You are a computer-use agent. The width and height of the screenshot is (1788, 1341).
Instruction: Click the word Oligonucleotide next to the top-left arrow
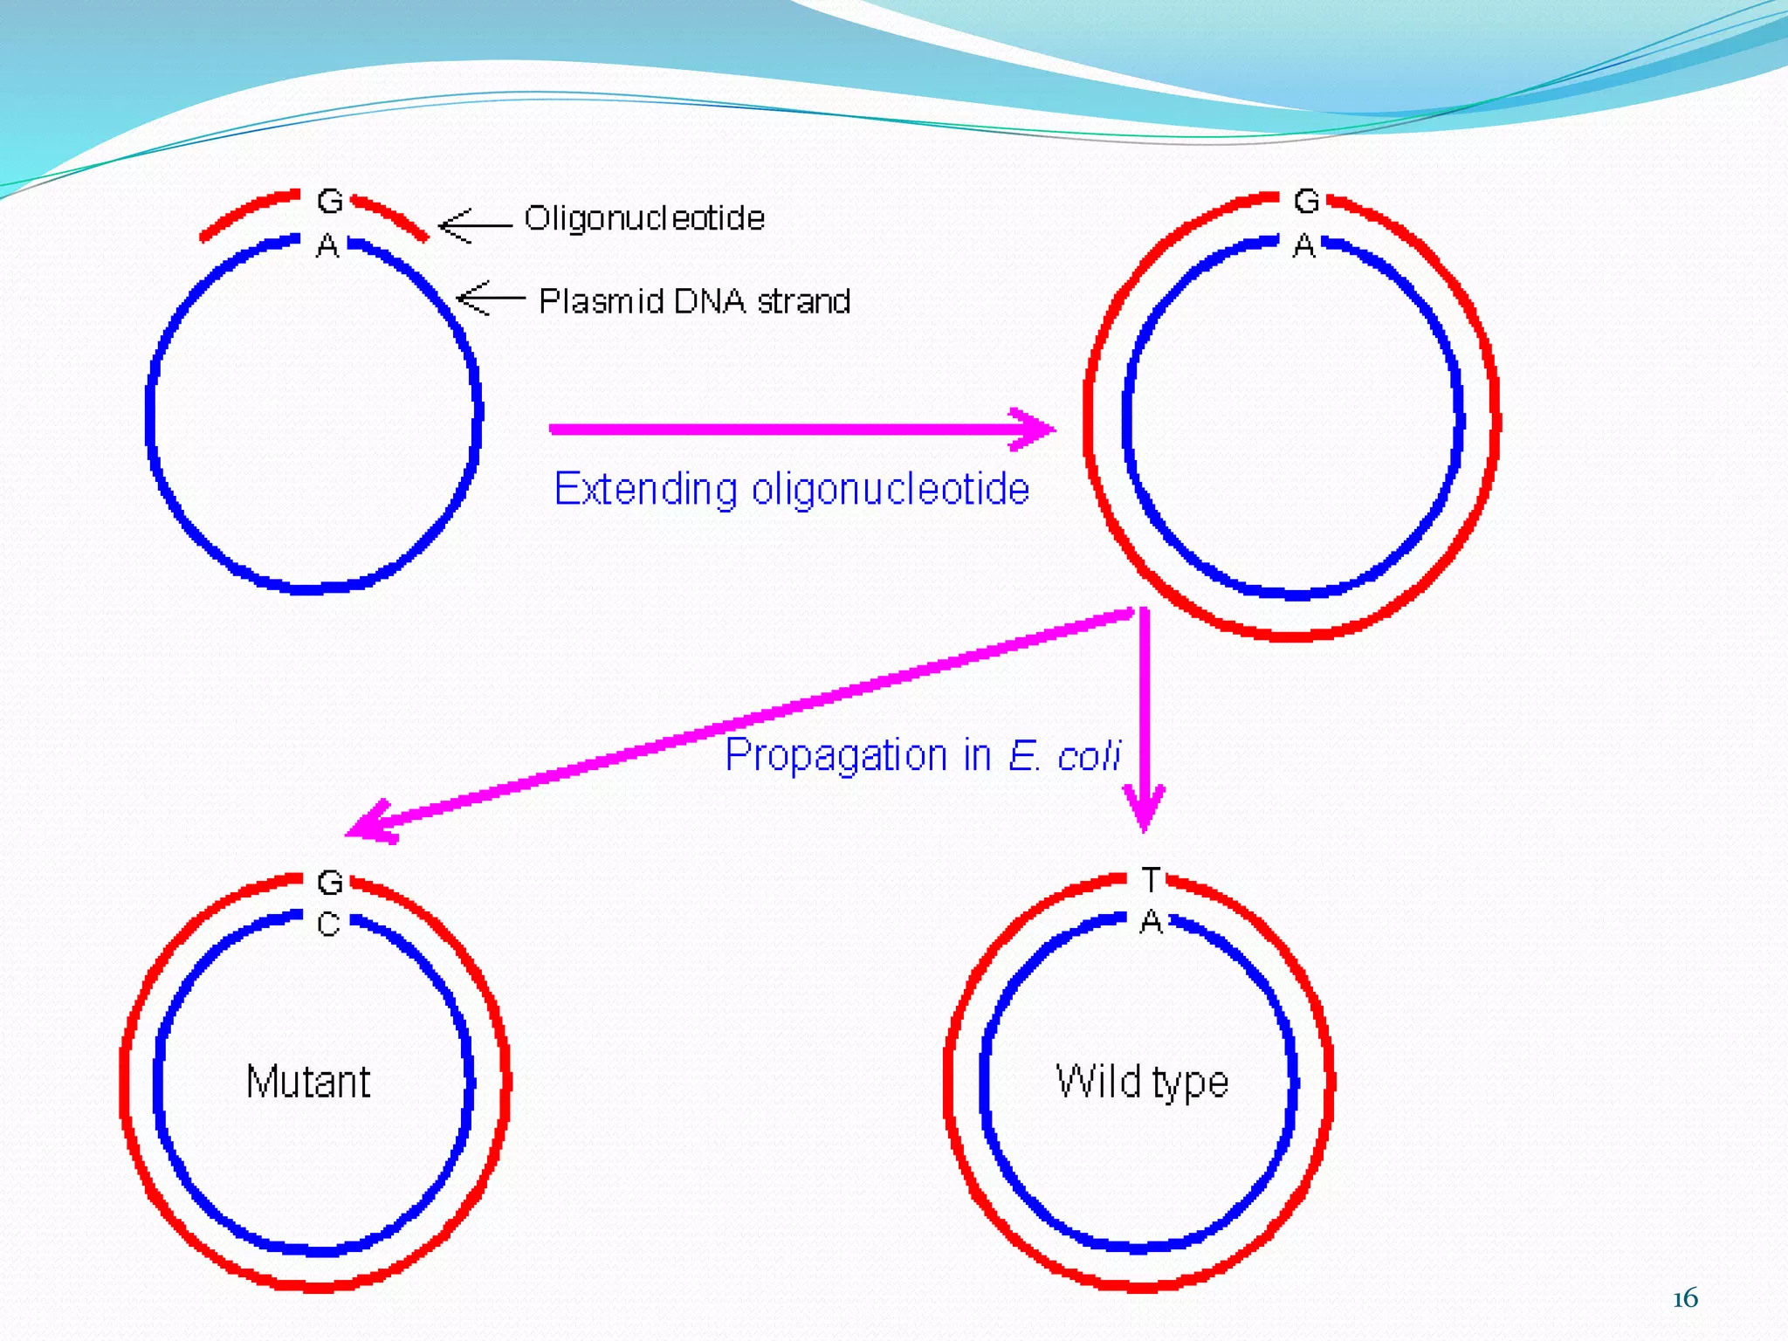[x=644, y=218]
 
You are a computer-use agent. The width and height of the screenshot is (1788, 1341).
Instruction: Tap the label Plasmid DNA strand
[x=695, y=301]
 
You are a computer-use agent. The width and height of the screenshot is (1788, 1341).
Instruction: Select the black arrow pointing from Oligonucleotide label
[x=474, y=226]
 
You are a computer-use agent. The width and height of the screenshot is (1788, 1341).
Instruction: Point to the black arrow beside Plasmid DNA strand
[x=491, y=299]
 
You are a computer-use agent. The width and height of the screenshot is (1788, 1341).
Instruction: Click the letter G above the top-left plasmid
[x=330, y=202]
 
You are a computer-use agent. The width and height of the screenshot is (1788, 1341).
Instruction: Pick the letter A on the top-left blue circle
[x=327, y=246]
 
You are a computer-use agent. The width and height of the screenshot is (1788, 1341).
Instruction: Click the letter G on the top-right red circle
[x=1306, y=202]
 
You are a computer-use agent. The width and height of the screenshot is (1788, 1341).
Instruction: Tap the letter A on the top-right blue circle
[x=1303, y=246]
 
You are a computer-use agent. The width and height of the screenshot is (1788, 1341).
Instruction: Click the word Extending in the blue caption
[x=645, y=489]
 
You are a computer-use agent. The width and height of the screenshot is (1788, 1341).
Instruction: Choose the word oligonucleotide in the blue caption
[x=891, y=489]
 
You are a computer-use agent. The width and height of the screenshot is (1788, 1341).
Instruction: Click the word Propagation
[x=836, y=755]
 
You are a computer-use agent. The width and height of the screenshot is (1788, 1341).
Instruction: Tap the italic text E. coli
[x=1064, y=756]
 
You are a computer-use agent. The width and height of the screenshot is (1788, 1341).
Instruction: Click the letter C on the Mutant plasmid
[x=328, y=924]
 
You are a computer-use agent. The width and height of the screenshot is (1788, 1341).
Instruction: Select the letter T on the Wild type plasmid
[x=1151, y=880]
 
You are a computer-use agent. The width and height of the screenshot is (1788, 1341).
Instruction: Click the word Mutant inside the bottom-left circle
[x=308, y=1082]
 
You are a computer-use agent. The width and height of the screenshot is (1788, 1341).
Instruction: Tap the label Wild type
[x=1142, y=1083]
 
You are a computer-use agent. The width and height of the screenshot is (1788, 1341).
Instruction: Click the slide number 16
[x=1685, y=1298]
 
